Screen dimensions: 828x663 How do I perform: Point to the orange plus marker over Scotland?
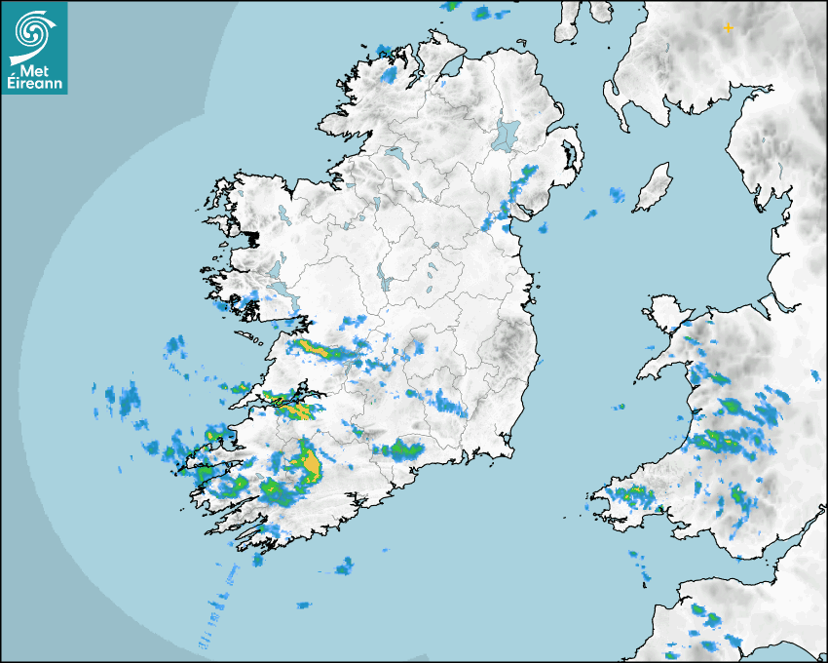click(728, 28)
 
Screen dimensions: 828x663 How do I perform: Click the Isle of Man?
click(654, 187)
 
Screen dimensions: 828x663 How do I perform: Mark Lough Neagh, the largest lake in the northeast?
click(507, 134)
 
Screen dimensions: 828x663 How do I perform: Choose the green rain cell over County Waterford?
click(401, 449)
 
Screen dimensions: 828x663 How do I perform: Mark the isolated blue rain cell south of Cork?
click(344, 566)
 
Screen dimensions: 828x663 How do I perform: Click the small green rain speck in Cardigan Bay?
click(618, 407)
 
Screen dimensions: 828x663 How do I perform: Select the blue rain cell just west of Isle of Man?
click(617, 195)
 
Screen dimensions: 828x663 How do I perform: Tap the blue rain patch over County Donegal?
click(390, 74)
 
